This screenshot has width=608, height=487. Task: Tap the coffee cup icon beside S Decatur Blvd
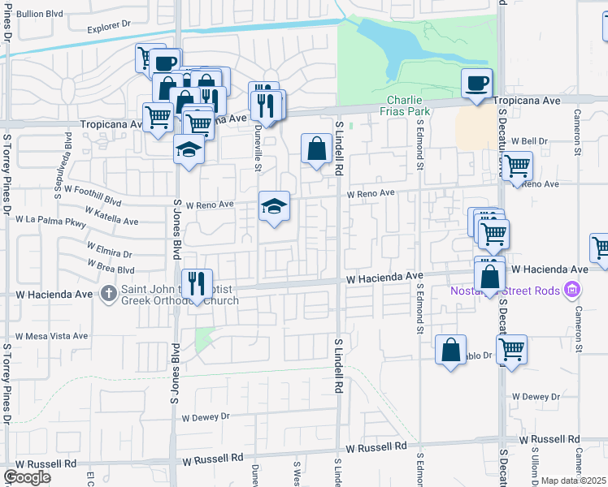tap(476, 82)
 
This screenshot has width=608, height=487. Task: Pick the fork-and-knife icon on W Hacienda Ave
tap(197, 283)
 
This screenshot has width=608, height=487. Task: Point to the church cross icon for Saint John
tap(109, 293)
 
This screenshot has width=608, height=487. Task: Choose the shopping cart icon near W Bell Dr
tap(517, 166)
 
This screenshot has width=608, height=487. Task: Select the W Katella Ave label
tap(109, 219)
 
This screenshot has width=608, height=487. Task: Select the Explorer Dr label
tap(109, 26)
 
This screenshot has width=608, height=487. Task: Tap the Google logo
tap(27, 477)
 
